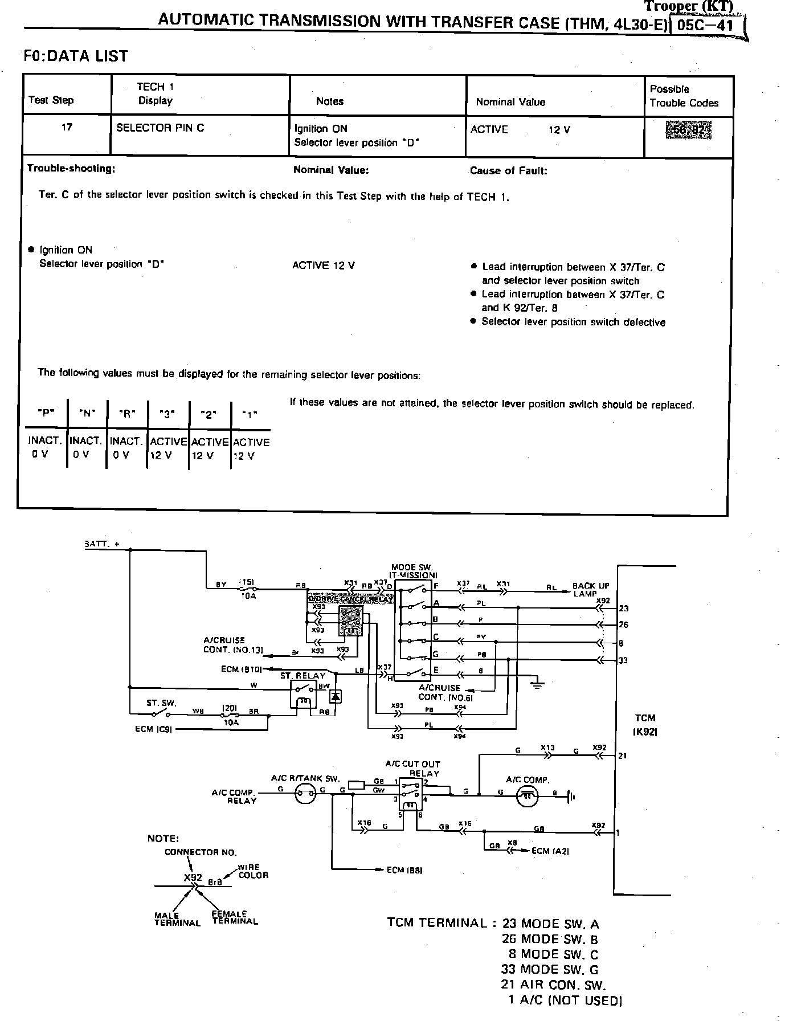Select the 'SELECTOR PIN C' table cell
(160, 128)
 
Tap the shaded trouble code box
(688, 130)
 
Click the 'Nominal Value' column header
(510, 102)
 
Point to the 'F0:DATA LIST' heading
(76, 56)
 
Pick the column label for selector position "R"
(126, 415)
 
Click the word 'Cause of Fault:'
(508, 170)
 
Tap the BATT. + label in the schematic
(102, 544)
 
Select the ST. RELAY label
(303, 675)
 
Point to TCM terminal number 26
(623, 624)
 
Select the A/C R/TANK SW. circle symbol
(306, 793)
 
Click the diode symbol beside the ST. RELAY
(336, 696)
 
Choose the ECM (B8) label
(404, 869)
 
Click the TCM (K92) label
(644, 724)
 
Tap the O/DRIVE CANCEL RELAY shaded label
(350, 599)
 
